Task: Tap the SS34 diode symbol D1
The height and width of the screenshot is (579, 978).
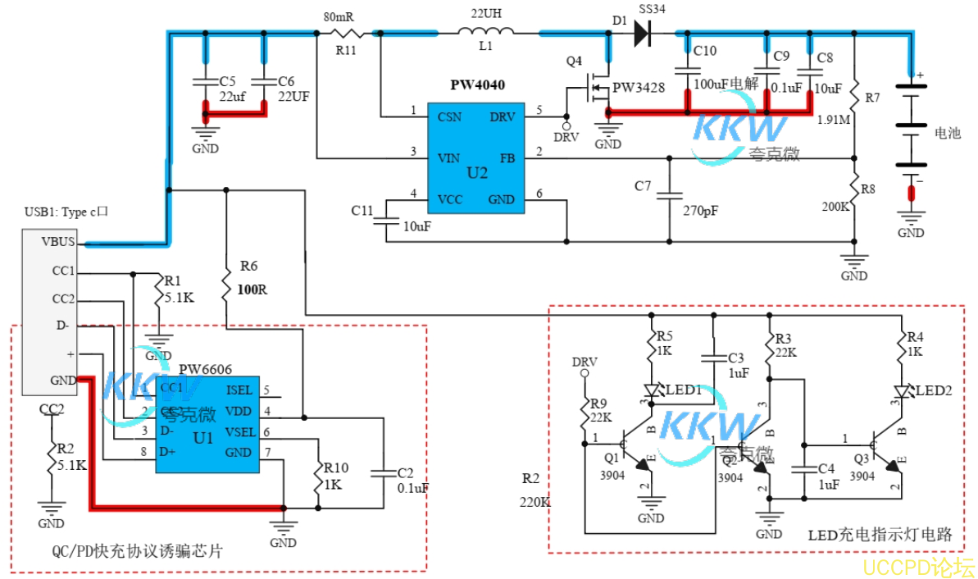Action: tap(644, 33)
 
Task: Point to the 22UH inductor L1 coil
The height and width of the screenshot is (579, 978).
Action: tap(486, 33)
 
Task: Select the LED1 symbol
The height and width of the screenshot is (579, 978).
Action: tap(653, 392)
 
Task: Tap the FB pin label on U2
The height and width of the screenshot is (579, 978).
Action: tap(506, 157)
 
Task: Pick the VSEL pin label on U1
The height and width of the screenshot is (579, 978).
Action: tap(240, 432)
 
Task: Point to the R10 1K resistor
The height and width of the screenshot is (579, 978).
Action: tap(318, 482)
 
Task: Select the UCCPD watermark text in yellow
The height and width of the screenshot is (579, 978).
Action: tap(917, 566)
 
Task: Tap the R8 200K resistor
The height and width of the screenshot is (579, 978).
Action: tap(854, 189)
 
